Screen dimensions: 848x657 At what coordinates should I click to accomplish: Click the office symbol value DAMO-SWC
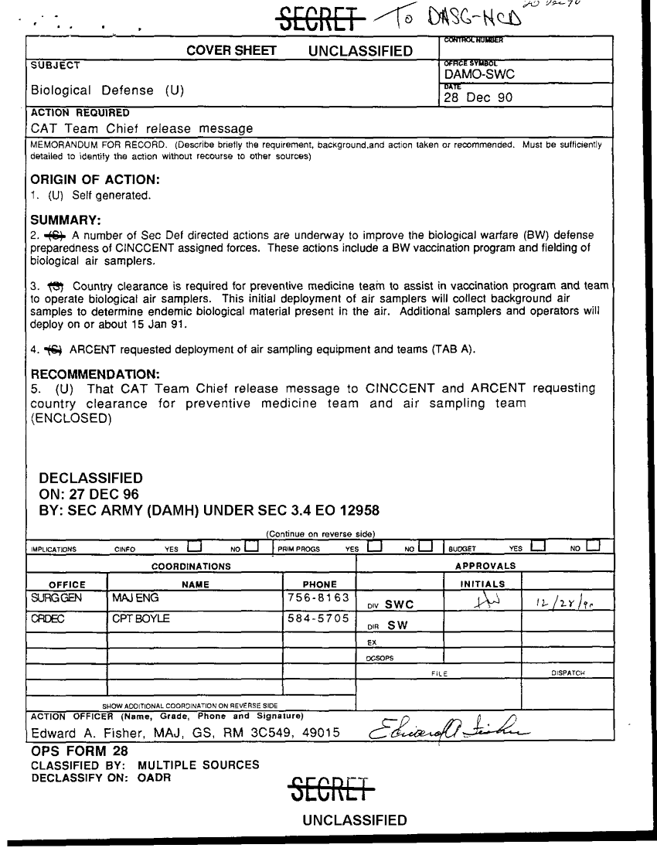pos(479,74)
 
